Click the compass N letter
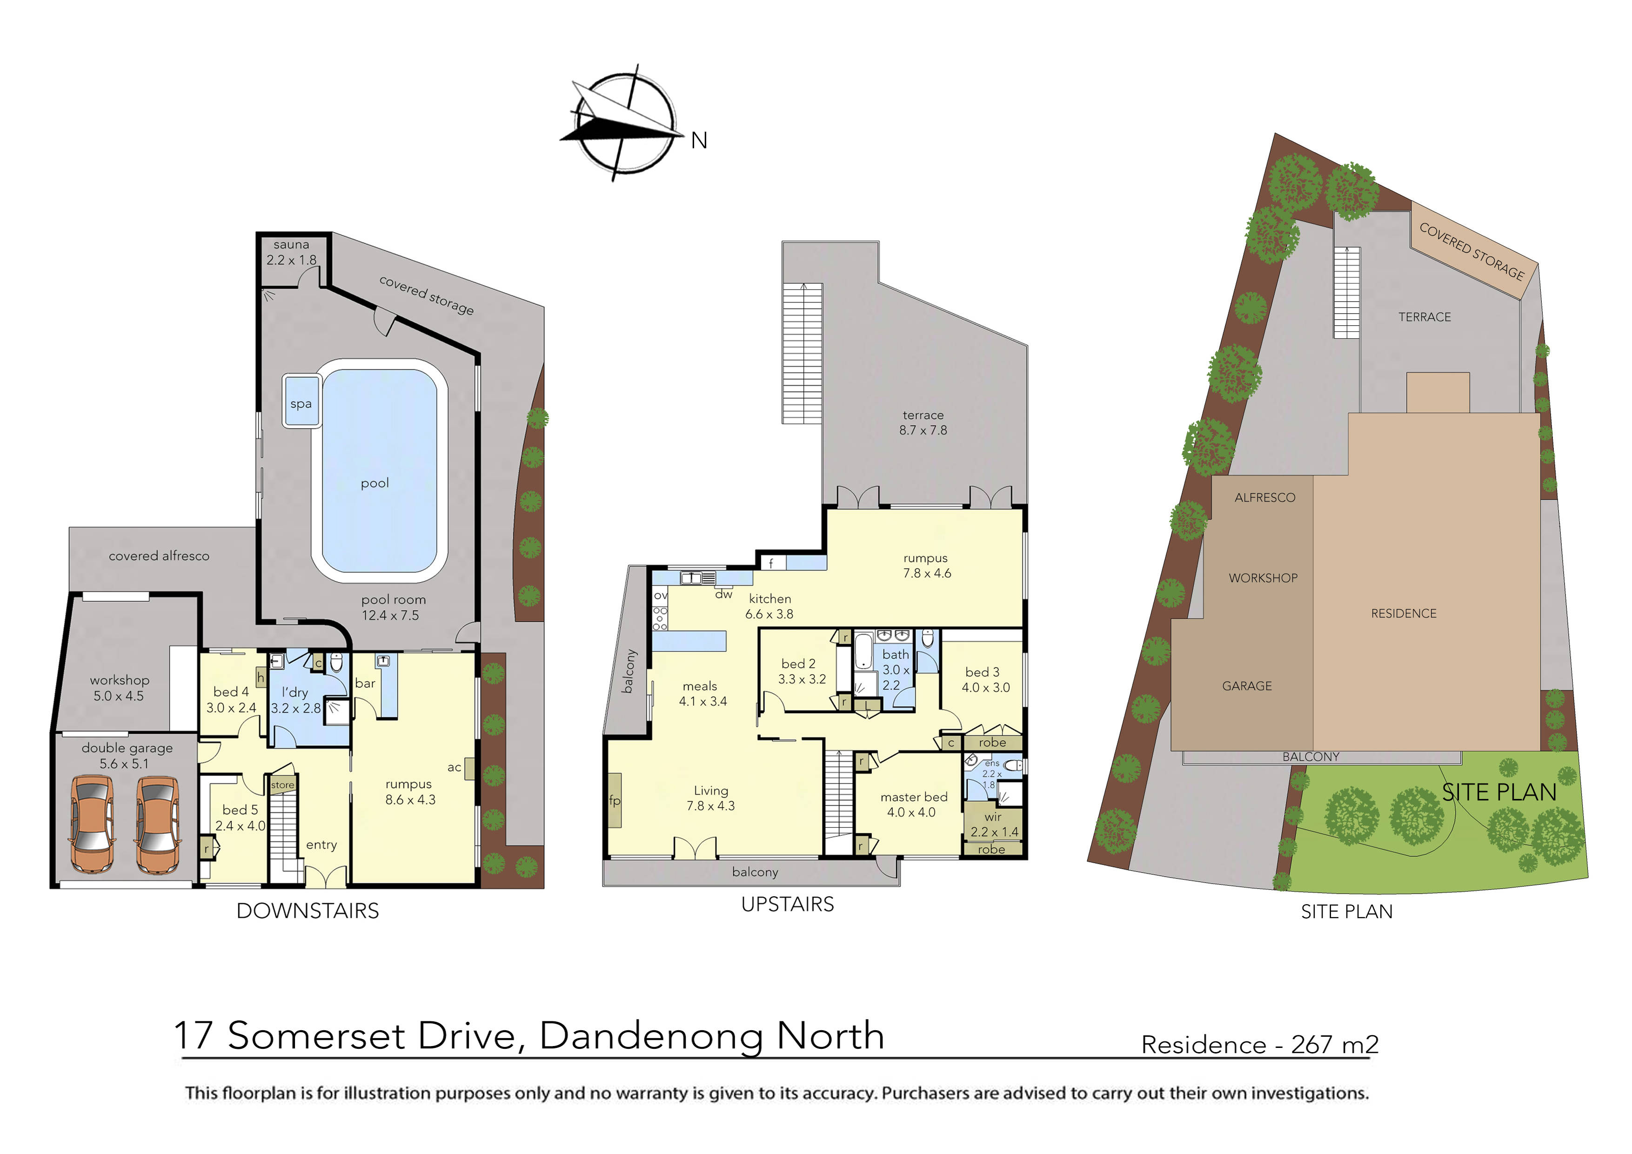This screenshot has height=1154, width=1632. [x=699, y=141]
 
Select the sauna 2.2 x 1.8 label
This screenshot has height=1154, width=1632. [x=291, y=252]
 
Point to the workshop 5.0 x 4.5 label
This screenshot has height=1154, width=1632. [x=120, y=688]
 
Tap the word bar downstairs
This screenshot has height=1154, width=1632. [x=365, y=683]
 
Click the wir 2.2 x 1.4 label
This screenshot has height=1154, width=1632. [x=994, y=824]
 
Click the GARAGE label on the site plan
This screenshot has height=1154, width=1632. [x=1247, y=685]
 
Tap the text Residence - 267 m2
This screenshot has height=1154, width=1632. [x=1259, y=1045]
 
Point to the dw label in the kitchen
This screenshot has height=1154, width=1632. [x=723, y=594]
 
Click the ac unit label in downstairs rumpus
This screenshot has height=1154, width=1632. [x=454, y=766]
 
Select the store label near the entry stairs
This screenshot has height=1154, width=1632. [x=282, y=785]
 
